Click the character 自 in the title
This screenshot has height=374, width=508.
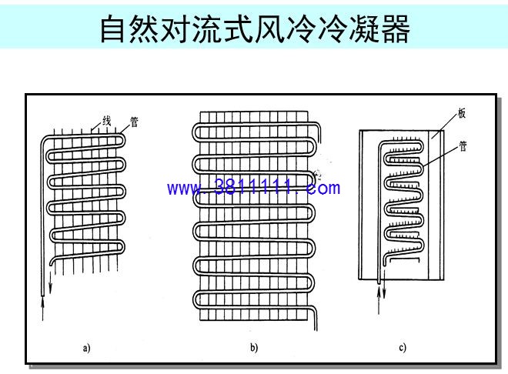[112, 28]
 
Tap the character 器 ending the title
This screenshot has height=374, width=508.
[396, 28]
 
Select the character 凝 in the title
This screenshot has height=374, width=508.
[364, 28]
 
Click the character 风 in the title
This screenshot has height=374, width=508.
[269, 28]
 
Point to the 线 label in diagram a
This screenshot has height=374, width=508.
[106, 121]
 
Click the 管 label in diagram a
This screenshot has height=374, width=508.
[135, 122]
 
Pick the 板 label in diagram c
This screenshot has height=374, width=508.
[462, 113]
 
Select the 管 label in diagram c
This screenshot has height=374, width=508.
[463, 146]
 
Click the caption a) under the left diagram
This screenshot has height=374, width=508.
[86, 349]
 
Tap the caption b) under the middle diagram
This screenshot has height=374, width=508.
[254, 348]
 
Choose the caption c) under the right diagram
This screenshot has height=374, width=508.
[403, 348]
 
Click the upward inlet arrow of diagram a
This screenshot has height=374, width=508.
[43, 309]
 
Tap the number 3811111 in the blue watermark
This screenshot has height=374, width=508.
[256, 188]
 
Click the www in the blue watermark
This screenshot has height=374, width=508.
[185, 189]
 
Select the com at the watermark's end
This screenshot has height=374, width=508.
[323, 189]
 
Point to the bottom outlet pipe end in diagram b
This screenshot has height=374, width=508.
[316, 329]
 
